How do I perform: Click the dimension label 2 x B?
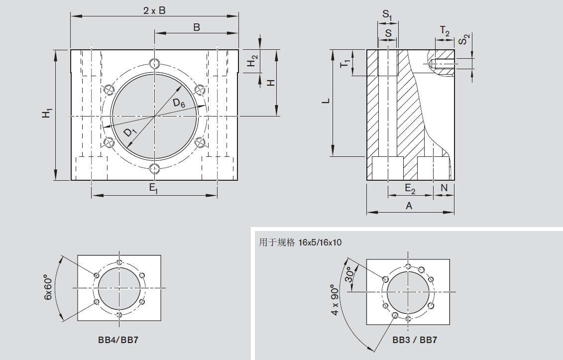pyautogui.click(x=154, y=10)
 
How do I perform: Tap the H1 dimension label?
pyautogui.click(x=47, y=114)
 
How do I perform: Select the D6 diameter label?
pyautogui.click(x=179, y=103)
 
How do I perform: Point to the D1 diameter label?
pyautogui.click(x=130, y=132)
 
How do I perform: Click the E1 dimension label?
pyautogui.click(x=154, y=188)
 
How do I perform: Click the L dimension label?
pyautogui.click(x=326, y=101)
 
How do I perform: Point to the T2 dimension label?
pyautogui.click(x=445, y=31)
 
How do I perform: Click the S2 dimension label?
pyautogui.click(x=464, y=40)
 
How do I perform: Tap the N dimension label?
pyautogui.click(x=444, y=188)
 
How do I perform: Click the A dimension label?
pyautogui.click(x=409, y=206)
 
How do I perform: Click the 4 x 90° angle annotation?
pyautogui.click(x=336, y=302)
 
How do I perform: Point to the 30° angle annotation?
pyautogui.click(x=350, y=274)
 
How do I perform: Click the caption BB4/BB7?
pyautogui.click(x=119, y=341)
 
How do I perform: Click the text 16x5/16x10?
pyautogui.click(x=320, y=242)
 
